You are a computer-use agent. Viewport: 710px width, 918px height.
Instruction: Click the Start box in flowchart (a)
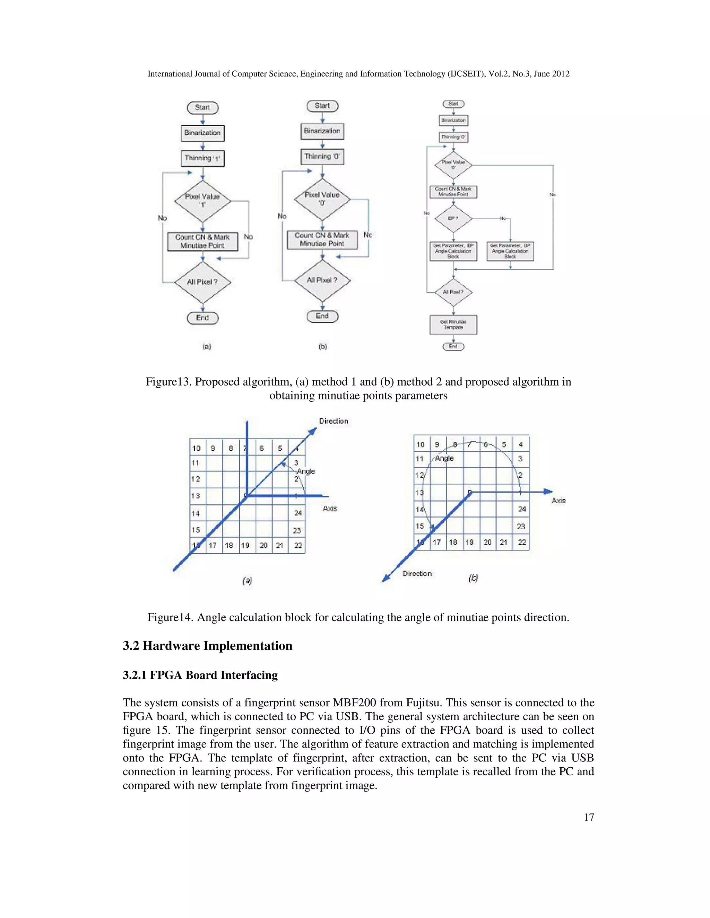(203, 108)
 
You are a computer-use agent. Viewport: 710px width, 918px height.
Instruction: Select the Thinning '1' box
(203, 158)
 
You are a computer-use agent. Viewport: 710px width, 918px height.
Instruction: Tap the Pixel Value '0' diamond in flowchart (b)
(322, 199)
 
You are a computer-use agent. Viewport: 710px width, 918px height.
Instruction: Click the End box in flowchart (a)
(203, 318)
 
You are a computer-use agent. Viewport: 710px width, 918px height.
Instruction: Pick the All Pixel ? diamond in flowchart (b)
(322, 280)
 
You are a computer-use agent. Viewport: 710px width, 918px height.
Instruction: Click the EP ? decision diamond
(453, 219)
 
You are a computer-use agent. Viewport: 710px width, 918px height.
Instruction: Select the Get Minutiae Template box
(453, 325)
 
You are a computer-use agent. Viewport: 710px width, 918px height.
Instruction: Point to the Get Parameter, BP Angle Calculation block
(510, 251)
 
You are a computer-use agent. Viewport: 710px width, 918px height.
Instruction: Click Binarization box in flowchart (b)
(322, 131)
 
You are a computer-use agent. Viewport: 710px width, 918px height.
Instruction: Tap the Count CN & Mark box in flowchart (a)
(203, 241)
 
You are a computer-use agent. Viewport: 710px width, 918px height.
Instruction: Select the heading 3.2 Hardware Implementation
(207, 646)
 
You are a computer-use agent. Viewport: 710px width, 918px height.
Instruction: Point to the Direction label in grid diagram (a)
(334, 421)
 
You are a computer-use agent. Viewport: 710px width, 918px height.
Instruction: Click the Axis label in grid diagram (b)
(559, 501)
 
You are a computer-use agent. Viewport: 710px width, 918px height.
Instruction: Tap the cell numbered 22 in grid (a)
(298, 545)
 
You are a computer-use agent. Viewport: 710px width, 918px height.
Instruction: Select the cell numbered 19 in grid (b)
(469, 542)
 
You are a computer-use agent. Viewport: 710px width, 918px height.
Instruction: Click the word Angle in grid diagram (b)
(444, 458)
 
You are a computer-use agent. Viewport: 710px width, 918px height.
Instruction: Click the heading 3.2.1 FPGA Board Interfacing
(200, 676)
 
